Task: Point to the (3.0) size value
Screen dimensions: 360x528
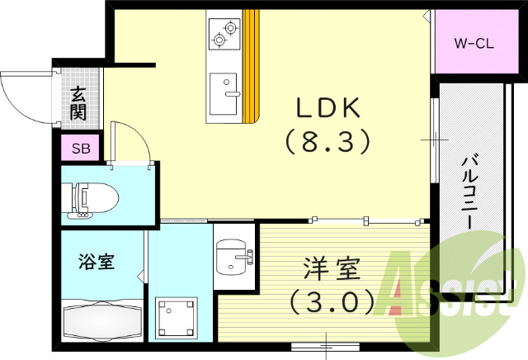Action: (324, 301)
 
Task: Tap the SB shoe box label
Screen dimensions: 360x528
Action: (81, 149)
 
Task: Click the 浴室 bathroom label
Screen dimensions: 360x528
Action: (96, 263)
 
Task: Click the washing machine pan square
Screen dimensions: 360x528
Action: (177, 317)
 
